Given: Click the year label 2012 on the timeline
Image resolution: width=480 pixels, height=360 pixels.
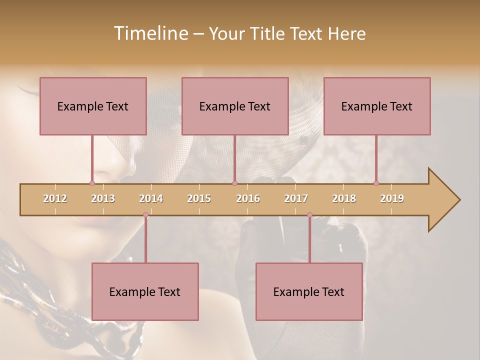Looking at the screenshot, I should [x=55, y=198].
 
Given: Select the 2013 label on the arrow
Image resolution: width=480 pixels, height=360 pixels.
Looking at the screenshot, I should [x=103, y=198].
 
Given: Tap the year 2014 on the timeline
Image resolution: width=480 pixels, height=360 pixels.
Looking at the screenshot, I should [x=151, y=198].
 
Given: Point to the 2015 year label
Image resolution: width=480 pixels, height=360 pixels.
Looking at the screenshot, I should [x=199, y=198].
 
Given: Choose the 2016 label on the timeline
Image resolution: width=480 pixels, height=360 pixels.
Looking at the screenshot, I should [x=248, y=198].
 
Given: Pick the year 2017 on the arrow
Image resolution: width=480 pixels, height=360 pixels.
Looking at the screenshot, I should [x=296, y=198].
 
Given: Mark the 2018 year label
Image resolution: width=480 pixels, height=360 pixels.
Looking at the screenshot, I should [x=344, y=198].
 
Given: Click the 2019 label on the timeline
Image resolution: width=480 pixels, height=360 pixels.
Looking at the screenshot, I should [x=392, y=198].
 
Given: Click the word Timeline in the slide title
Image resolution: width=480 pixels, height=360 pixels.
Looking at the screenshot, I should [x=150, y=33].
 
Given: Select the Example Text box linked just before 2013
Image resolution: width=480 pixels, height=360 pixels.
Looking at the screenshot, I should [x=93, y=106].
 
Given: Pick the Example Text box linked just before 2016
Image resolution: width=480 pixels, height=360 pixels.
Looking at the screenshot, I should [x=235, y=106].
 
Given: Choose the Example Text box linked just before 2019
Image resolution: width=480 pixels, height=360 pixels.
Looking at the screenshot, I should [x=377, y=106].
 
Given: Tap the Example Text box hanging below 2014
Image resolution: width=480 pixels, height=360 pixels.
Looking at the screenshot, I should [x=145, y=291].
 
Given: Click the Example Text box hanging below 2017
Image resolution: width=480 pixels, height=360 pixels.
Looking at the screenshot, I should [x=309, y=291].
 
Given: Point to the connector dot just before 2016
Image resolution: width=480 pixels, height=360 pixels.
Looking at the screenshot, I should [x=234, y=183].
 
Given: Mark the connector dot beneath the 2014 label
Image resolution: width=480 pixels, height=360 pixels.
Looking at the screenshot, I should [x=145, y=215].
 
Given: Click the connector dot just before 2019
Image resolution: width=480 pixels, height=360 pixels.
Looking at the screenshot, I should [x=376, y=183].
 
